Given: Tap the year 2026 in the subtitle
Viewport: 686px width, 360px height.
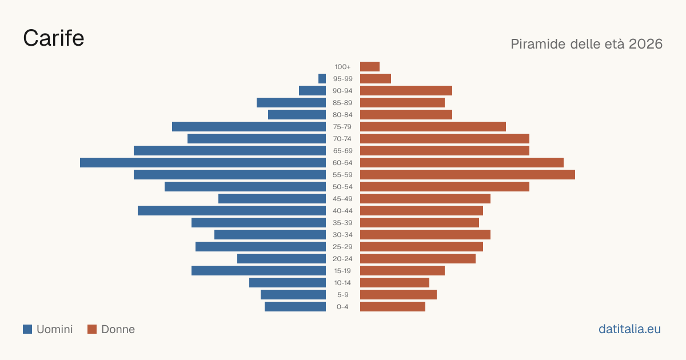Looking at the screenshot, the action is [x=645, y=44].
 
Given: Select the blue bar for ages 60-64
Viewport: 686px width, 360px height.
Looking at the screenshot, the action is [x=203, y=162].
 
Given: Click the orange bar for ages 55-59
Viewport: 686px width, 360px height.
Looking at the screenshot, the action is [x=468, y=174].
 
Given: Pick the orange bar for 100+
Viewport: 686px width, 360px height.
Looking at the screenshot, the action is [x=370, y=66].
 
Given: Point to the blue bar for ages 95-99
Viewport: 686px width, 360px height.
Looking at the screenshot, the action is [x=322, y=78].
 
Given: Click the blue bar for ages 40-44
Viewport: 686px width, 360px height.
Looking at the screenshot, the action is [x=232, y=211].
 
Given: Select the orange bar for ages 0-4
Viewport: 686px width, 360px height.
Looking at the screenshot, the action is [x=393, y=306].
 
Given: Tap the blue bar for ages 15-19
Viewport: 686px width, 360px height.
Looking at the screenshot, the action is [x=259, y=271].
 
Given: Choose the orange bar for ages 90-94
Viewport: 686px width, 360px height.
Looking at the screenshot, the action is [x=406, y=91].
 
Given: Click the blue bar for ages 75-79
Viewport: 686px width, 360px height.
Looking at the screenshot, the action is [x=249, y=126].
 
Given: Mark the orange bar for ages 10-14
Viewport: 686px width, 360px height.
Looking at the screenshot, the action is [x=394, y=282].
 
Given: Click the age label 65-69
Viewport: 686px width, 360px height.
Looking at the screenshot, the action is [x=342, y=151].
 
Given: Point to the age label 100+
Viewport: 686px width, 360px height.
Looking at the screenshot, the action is [x=342, y=67].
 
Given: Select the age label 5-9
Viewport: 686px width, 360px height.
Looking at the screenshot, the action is [x=342, y=295].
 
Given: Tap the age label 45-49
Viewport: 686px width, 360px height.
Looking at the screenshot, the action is [x=342, y=199].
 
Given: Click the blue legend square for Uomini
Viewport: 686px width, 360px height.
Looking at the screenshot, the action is [x=27, y=329].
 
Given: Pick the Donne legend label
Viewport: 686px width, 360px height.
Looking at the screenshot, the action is [x=118, y=329].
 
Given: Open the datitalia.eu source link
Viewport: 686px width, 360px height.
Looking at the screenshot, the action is [x=629, y=329].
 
